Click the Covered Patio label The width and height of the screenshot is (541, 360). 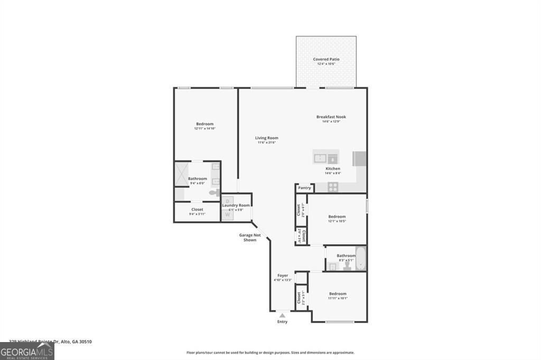pyautogui.click(x=326, y=59)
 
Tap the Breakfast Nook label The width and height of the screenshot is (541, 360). pyautogui.click(x=331, y=117)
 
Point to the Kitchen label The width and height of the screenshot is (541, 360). pyautogui.click(x=333, y=168)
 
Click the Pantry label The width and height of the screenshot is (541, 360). pyautogui.click(x=304, y=187)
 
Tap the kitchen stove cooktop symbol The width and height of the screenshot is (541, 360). pyautogui.click(x=333, y=186)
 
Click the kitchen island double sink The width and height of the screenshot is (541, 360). pyautogui.click(x=327, y=157)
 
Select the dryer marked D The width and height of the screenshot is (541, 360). pyautogui.click(x=227, y=201)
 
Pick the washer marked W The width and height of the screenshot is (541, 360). pyautogui.click(x=227, y=214)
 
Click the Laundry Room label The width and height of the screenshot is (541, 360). pyautogui.click(x=236, y=205)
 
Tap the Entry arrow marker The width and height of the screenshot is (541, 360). pyautogui.click(x=282, y=316)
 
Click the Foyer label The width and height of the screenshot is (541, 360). pyautogui.click(x=283, y=276)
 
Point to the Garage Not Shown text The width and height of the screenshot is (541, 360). pyautogui.click(x=250, y=238)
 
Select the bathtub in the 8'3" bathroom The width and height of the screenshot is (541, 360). pyautogui.click(x=361, y=258)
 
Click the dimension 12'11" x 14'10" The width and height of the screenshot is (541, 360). pyautogui.click(x=204, y=128)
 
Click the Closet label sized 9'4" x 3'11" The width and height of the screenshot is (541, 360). pyautogui.click(x=197, y=210)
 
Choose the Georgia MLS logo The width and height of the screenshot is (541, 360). pyautogui.click(x=27, y=352)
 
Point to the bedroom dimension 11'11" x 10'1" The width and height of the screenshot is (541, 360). pyautogui.click(x=338, y=298)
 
